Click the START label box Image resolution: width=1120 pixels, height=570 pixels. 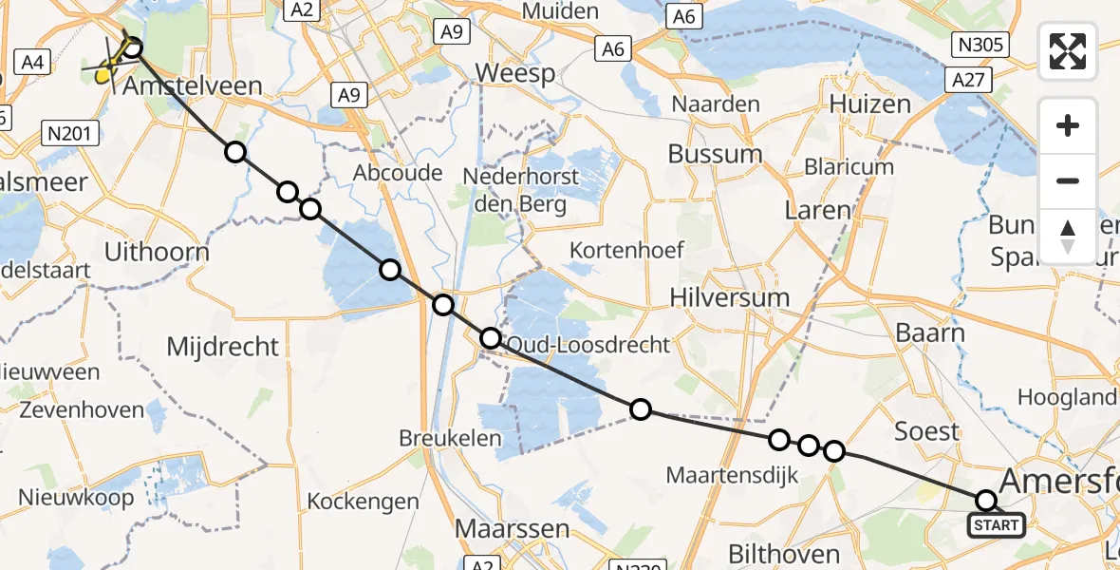pos(996,524)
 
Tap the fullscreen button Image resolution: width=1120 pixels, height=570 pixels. pos(1068,51)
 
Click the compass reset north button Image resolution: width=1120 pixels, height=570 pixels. pos(1068,237)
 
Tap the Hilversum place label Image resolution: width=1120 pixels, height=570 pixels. pos(729,297)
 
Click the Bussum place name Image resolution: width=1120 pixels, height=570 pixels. pos(715,154)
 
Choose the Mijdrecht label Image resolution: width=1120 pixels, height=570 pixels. pos(223,347)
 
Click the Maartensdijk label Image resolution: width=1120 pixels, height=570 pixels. pos(732,474)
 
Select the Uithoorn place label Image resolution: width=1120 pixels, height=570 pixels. pos(158,254)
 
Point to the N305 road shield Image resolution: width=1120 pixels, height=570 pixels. pos(982,45)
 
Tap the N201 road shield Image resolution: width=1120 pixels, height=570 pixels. pos(71,134)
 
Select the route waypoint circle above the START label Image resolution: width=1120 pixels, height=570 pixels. pos(986,501)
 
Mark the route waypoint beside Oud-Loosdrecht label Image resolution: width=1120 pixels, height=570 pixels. pos(490,338)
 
